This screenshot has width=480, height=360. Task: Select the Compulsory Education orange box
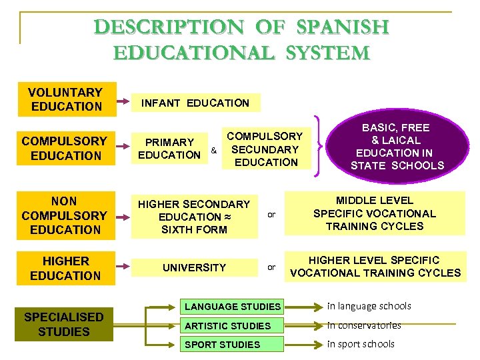[x=65, y=148]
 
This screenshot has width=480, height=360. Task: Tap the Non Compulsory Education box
[x=65, y=215]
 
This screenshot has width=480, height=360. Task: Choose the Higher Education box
[x=65, y=268]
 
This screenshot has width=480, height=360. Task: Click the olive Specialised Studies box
[x=64, y=324]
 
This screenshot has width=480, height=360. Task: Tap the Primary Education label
[x=169, y=148]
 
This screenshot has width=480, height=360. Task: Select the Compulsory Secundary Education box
[x=266, y=149]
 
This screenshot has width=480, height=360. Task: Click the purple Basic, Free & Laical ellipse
[x=396, y=146]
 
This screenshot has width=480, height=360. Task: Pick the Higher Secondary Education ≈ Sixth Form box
[x=194, y=217]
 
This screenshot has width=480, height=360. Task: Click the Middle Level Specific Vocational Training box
[x=374, y=213]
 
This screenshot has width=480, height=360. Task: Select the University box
[x=195, y=267]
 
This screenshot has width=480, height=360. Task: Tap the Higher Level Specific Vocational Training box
[x=375, y=267]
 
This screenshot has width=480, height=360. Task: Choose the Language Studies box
[x=233, y=307]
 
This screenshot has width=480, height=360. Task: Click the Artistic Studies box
[x=228, y=326]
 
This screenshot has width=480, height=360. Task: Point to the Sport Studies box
[x=223, y=345]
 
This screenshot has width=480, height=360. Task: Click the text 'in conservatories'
[x=364, y=325]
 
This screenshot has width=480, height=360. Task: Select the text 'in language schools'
[x=369, y=306]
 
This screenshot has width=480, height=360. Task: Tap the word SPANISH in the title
[x=343, y=27]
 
